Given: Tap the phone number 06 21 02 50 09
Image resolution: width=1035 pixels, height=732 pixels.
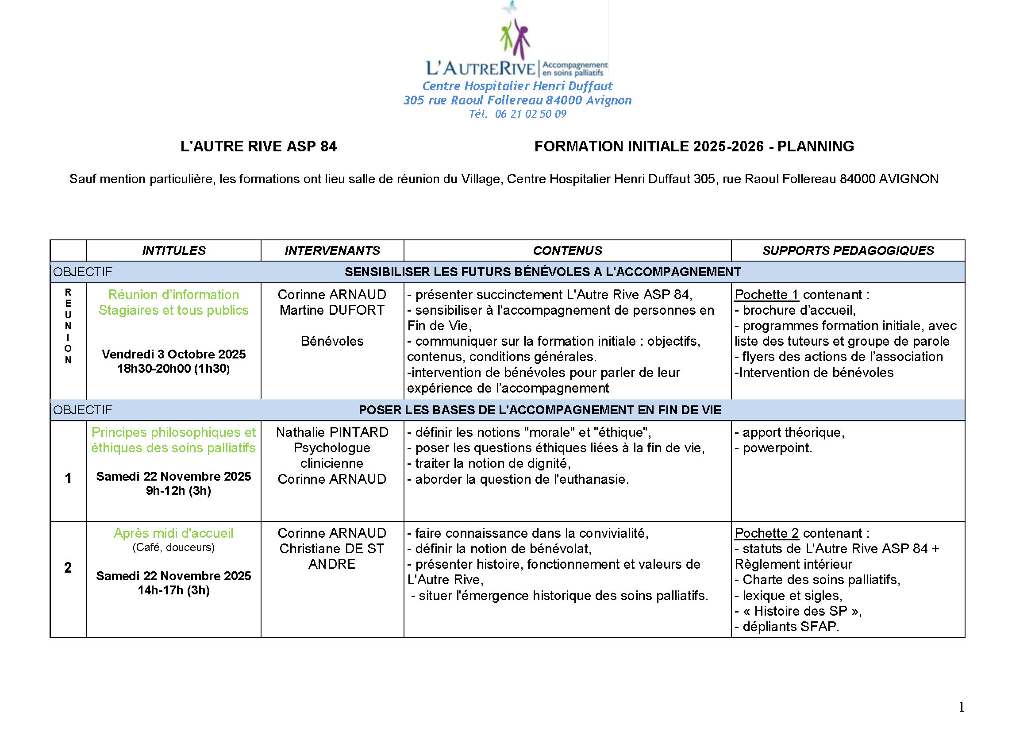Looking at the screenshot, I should coord(530,114).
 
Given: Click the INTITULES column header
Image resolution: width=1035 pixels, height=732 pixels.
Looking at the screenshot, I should coord(173,250).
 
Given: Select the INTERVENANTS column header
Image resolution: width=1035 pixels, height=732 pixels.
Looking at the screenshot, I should coord(332,250).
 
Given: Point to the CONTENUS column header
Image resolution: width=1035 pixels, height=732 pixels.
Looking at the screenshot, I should coord(567,250).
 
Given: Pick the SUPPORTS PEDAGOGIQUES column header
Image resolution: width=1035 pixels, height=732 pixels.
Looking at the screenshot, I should coord(847,250).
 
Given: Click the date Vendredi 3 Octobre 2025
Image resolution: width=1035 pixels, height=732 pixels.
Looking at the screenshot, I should coord(173,354).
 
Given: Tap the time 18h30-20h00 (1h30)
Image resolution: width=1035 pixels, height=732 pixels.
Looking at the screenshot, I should coord(173,369).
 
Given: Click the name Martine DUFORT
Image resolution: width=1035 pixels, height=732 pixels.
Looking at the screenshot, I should coord(332,310).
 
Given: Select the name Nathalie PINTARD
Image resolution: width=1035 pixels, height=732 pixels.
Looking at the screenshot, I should coord(332,432).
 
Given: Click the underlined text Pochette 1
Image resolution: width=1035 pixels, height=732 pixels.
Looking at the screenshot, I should coord(766,295).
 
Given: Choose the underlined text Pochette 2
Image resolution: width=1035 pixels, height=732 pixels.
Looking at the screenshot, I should coord(766,533).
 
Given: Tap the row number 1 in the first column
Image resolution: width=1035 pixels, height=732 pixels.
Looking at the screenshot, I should coord(68,478).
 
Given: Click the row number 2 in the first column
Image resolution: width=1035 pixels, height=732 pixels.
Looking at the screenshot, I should coord(68,567).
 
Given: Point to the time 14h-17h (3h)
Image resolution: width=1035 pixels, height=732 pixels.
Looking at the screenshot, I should coord(173,590).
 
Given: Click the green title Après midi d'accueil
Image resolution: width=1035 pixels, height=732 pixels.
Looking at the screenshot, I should coord(173,533).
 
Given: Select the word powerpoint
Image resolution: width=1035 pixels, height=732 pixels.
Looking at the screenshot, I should coord(777,448).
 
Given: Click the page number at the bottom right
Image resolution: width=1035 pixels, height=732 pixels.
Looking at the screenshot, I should coord(961,707).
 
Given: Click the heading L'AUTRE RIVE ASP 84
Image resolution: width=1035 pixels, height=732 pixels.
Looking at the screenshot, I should coord(258,146).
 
